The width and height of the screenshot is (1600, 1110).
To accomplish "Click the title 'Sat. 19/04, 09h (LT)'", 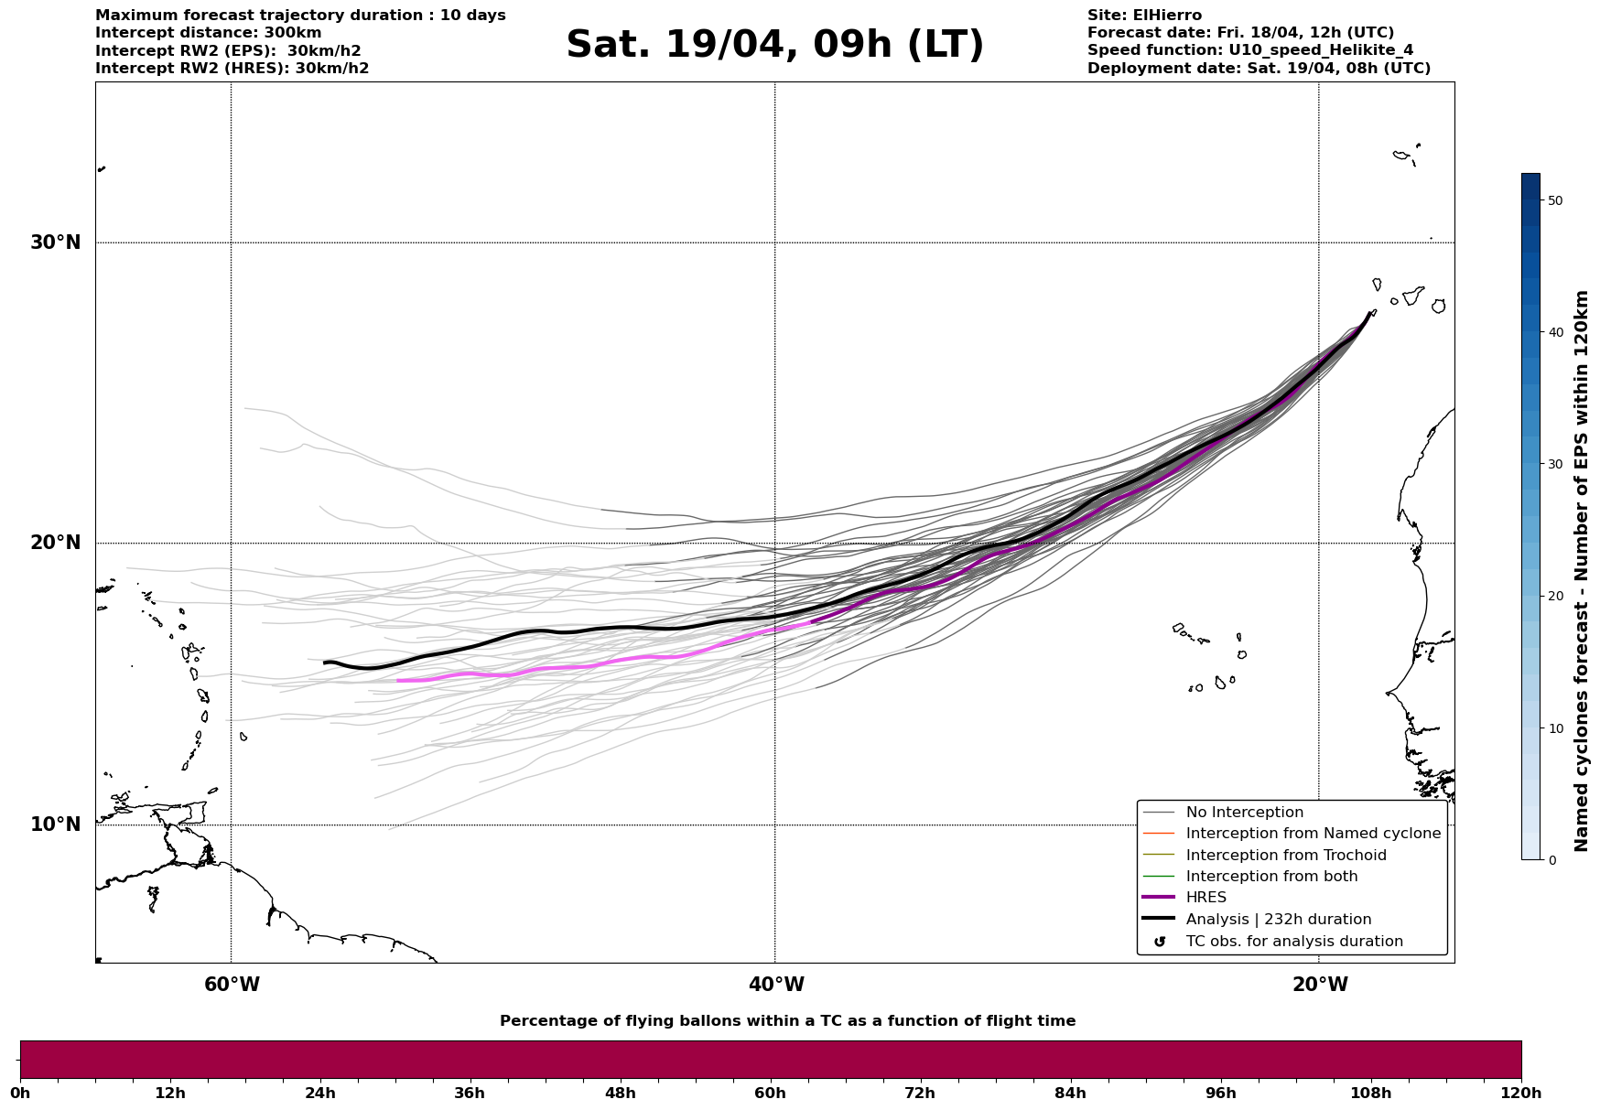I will click(774, 45).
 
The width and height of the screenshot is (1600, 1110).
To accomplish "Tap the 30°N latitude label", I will click(56, 242).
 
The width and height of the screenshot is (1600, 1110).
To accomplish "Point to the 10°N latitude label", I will click(56, 824).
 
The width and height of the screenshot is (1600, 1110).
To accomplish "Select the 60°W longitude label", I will click(232, 985).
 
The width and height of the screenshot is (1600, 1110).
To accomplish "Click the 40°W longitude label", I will click(776, 985).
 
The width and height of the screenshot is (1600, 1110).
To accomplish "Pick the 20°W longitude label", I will click(1320, 985).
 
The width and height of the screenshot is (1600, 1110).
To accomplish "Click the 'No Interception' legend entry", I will click(1244, 813).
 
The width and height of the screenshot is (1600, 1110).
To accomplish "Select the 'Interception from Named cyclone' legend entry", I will click(1313, 834).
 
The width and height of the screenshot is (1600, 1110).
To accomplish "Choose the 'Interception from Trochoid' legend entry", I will click(1285, 856).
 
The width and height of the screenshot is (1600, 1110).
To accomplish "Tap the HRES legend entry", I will click(1205, 898).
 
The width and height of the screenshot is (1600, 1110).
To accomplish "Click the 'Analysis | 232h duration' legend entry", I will click(1278, 920).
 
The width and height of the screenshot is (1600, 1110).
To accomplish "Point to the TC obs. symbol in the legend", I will click(1160, 942).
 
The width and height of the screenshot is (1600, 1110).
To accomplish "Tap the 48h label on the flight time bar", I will click(620, 1093).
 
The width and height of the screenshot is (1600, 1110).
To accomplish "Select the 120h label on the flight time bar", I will click(1520, 1093).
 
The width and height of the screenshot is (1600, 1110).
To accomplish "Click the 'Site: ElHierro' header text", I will click(1144, 16).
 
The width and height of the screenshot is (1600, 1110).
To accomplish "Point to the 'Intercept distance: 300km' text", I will click(209, 33).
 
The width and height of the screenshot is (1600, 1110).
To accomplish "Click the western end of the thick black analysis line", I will click(325, 663).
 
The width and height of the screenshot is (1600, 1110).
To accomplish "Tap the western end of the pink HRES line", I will click(398, 681).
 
